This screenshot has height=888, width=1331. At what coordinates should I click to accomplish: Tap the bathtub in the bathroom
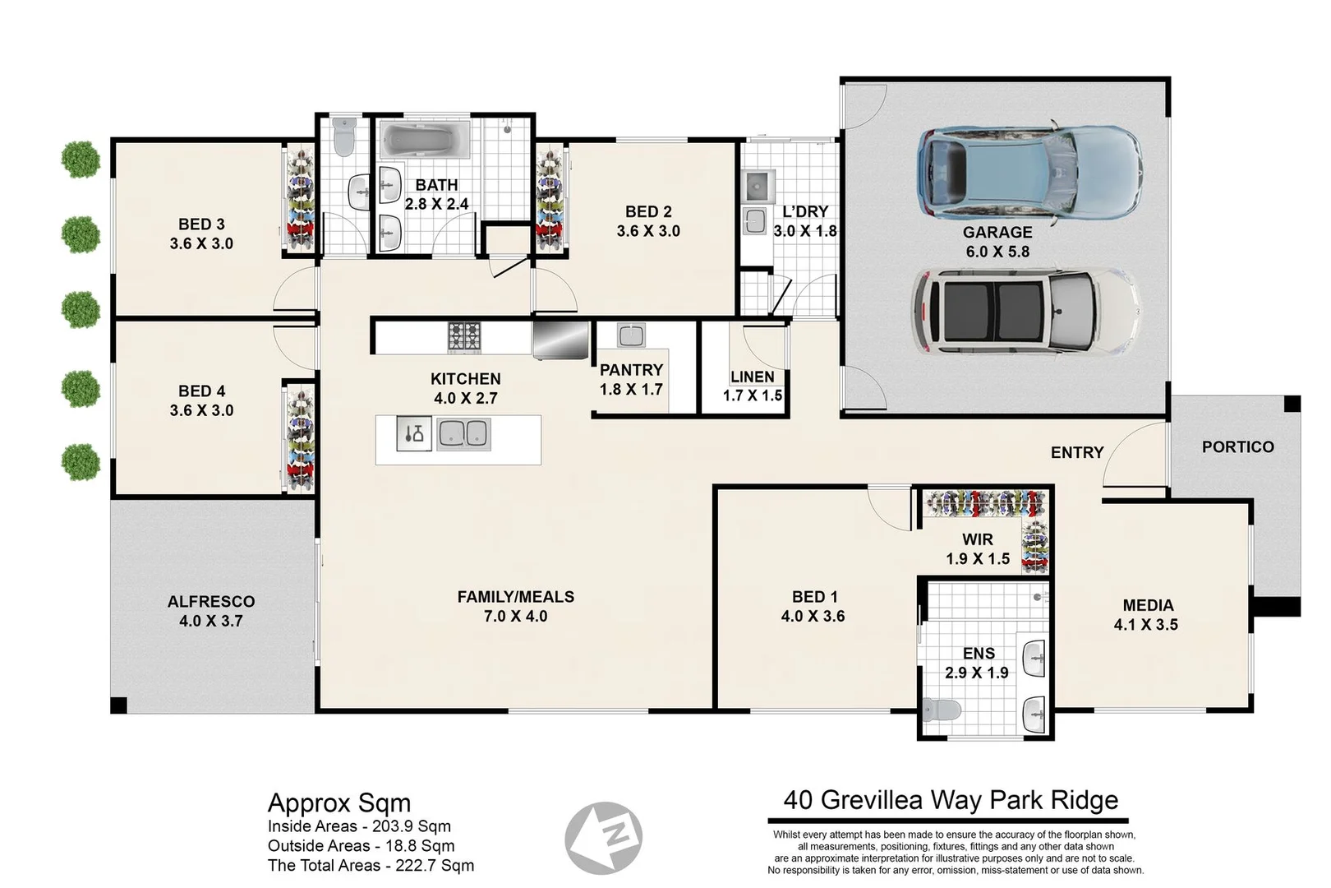tap(424, 141)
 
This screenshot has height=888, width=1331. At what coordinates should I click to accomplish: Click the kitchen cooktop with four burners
tap(464, 336)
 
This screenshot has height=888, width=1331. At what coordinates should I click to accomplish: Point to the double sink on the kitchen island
tap(463, 433)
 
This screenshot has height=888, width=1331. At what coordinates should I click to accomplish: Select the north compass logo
tap(603, 838)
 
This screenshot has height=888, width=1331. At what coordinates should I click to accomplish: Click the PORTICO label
tap(1237, 446)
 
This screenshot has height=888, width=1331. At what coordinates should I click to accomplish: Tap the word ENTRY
tap(1076, 452)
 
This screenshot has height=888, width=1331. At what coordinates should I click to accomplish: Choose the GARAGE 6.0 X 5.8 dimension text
tap(997, 252)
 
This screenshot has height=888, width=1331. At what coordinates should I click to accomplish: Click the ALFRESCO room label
tap(211, 601)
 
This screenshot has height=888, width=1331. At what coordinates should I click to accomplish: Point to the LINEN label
tap(753, 377)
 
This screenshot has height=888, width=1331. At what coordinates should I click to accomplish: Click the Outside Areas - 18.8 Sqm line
tap(361, 845)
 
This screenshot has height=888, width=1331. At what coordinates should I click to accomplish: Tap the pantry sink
tap(630, 335)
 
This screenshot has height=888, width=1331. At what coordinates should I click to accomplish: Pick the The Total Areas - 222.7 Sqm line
tap(371, 865)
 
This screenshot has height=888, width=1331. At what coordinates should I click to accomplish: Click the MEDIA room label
tap(1148, 605)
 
